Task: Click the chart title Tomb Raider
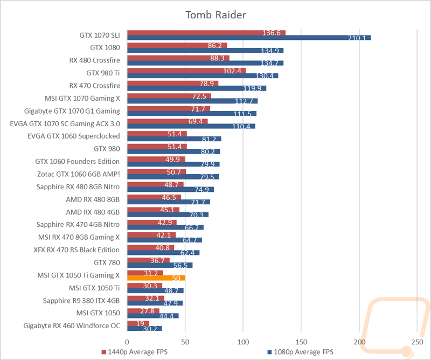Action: tap(216, 15)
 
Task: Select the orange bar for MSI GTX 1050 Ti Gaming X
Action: tap(156, 278)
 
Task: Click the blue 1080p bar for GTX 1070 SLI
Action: tap(249, 38)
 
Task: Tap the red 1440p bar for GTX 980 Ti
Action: tap(186, 71)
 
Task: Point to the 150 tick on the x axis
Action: tap(301, 342)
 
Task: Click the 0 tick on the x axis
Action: tap(127, 342)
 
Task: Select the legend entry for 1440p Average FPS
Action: tap(134, 352)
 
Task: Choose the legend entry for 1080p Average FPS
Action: tap(301, 352)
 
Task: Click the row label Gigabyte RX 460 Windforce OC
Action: tap(72, 326)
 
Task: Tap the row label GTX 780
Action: tap(107, 262)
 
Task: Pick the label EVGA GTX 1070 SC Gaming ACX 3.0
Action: tap(65, 124)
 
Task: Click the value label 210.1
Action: tap(357, 38)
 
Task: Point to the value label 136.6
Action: tap(272, 33)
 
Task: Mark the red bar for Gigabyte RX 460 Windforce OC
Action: tap(138, 323)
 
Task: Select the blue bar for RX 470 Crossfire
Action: tap(197, 88)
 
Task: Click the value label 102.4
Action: tap(232, 71)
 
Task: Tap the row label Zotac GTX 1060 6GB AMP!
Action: tap(79, 174)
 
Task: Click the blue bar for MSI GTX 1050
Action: tap(153, 316)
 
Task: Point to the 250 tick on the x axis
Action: tap(417, 342)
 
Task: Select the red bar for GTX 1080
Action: tap(177, 45)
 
